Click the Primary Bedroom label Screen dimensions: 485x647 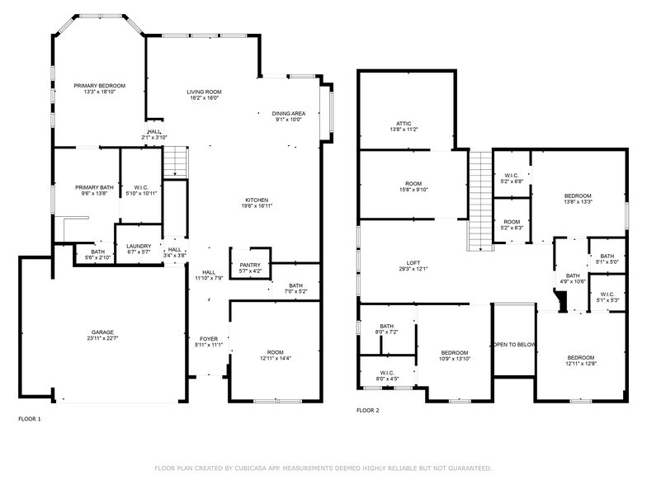(x=99, y=86)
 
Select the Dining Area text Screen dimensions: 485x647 (x=289, y=113)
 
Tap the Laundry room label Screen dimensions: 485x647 (x=139, y=246)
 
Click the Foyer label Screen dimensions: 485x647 (x=209, y=338)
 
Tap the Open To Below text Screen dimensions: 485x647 (x=514, y=345)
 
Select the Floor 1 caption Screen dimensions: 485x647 (x=29, y=419)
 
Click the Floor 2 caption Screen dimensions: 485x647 (x=368, y=410)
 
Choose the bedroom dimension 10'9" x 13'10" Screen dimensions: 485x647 (x=454, y=358)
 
